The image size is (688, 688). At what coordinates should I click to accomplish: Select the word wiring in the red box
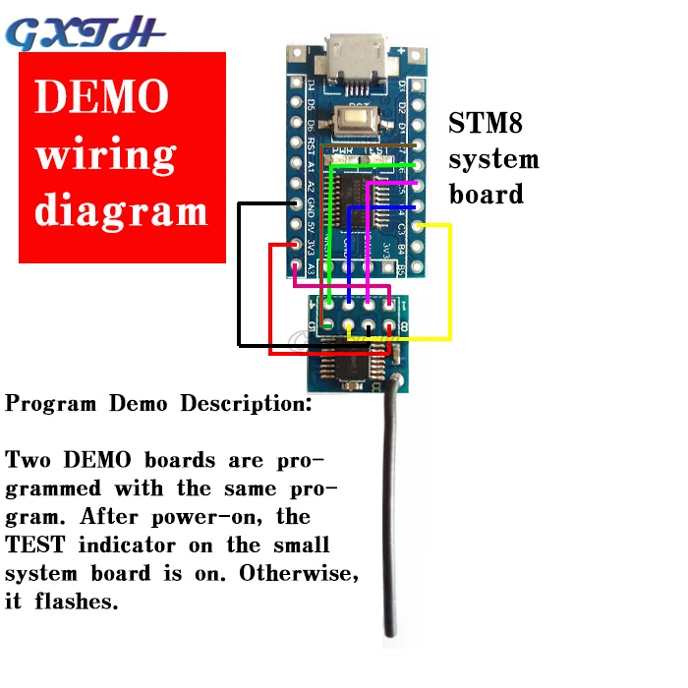tap(106, 155)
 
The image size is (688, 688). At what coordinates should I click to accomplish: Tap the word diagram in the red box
tap(122, 211)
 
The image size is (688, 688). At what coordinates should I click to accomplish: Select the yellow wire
tap(449, 285)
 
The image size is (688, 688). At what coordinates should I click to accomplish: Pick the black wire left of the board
tap(239, 275)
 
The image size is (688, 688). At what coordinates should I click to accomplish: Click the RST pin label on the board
tap(311, 147)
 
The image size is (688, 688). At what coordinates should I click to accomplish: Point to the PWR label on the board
tap(343, 149)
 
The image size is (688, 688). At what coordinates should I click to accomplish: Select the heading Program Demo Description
tap(158, 403)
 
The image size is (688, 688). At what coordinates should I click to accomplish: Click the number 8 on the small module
tap(404, 327)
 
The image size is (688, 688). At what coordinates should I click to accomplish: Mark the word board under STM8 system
tap(487, 194)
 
